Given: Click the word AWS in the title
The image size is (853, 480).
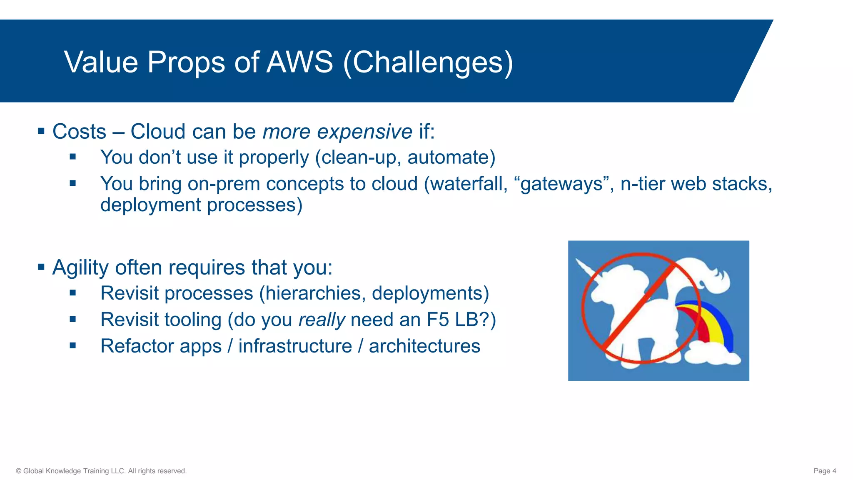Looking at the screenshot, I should pos(300,62).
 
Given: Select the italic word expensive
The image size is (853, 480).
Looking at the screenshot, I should pos(364,132).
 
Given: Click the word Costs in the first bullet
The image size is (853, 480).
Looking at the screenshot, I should pos(79,132).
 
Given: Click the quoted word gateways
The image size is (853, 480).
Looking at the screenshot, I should pos(562,184).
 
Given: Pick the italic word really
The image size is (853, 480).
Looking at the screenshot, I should pos(322,320).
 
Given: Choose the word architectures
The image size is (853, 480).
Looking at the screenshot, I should pos(424,346).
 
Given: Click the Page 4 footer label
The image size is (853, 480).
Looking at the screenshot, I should pos(825,471).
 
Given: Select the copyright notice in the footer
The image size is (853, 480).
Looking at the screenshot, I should pos(101,471).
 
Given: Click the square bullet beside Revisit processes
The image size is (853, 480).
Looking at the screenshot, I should pos(73,293).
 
